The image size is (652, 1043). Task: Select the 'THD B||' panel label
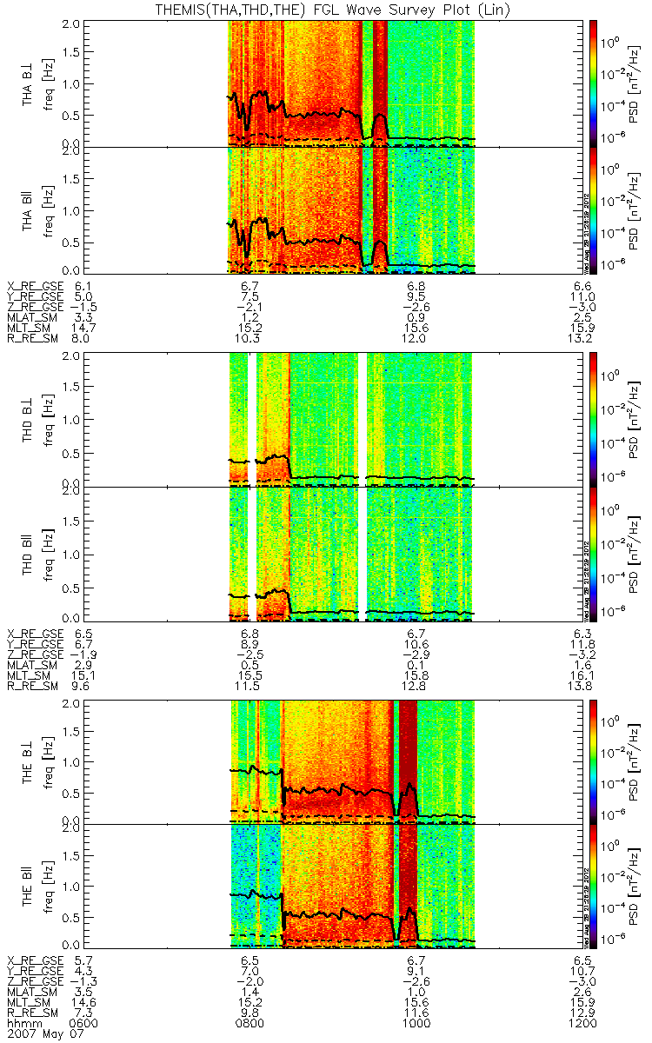29,554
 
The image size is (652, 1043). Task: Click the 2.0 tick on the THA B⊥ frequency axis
79,23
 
